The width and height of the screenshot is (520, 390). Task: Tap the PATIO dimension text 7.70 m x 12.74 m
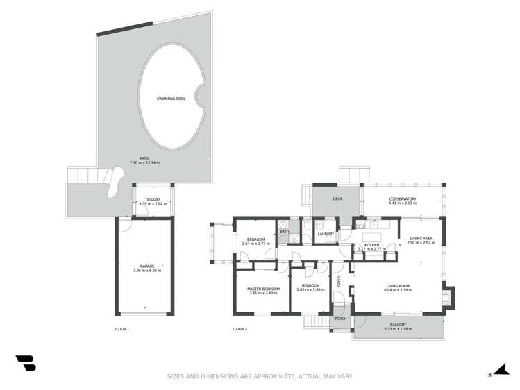click(144, 162)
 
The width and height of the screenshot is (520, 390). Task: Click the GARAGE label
click(146, 266)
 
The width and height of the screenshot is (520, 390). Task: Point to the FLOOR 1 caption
click(121, 328)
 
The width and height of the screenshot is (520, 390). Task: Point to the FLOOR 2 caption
click(240, 328)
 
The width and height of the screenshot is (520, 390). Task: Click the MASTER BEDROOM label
click(264, 288)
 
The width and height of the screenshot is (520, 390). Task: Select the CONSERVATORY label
click(403, 199)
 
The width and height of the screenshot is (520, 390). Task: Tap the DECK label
click(337, 199)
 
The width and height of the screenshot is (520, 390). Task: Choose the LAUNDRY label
click(326, 234)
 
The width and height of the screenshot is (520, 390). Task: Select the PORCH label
click(341, 319)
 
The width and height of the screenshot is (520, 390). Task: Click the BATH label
click(284, 231)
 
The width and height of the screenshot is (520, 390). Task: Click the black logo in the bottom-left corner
click(25, 363)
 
